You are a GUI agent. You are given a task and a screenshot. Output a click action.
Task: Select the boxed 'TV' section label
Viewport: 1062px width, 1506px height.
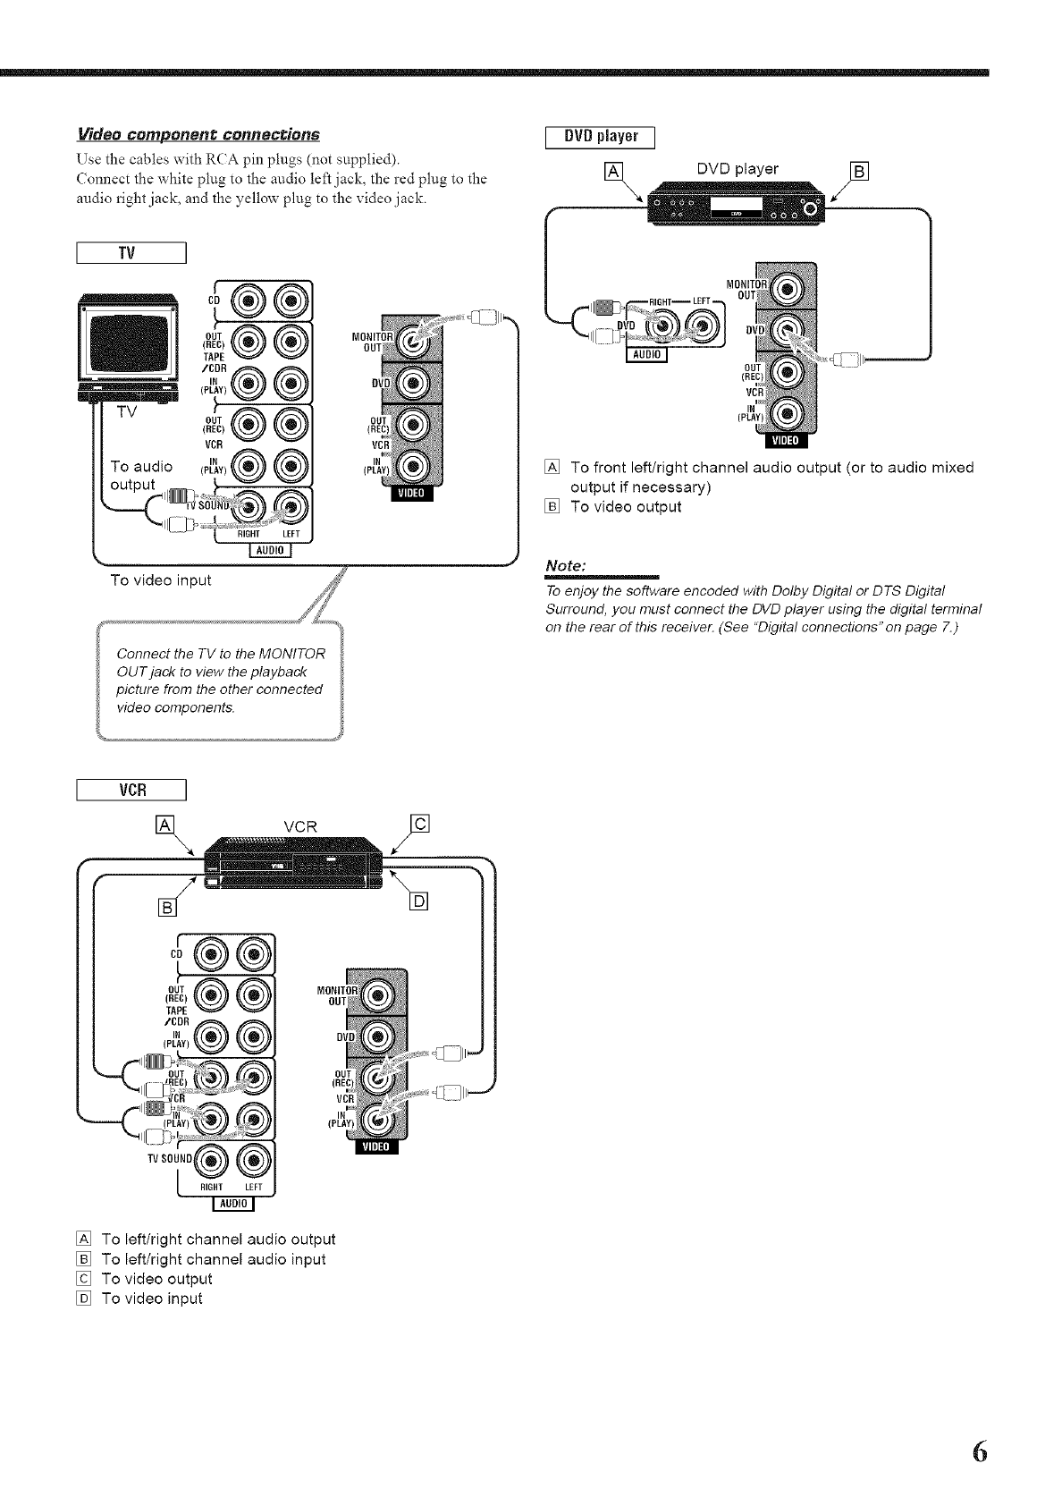(x=131, y=253)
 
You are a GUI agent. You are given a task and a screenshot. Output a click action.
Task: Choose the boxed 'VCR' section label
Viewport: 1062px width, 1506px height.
(x=131, y=790)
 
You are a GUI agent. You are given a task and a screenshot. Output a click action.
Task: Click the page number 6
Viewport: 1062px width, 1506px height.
(x=979, y=1451)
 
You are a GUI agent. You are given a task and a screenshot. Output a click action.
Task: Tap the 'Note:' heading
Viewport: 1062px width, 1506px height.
(x=566, y=566)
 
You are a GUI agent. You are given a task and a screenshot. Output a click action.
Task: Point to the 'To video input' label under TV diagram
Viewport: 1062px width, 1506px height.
(x=160, y=580)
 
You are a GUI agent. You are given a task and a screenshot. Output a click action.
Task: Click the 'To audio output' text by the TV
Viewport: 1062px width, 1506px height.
(x=140, y=475)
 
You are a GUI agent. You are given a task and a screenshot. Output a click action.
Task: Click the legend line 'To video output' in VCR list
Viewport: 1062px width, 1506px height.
(x=156, y=1279)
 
